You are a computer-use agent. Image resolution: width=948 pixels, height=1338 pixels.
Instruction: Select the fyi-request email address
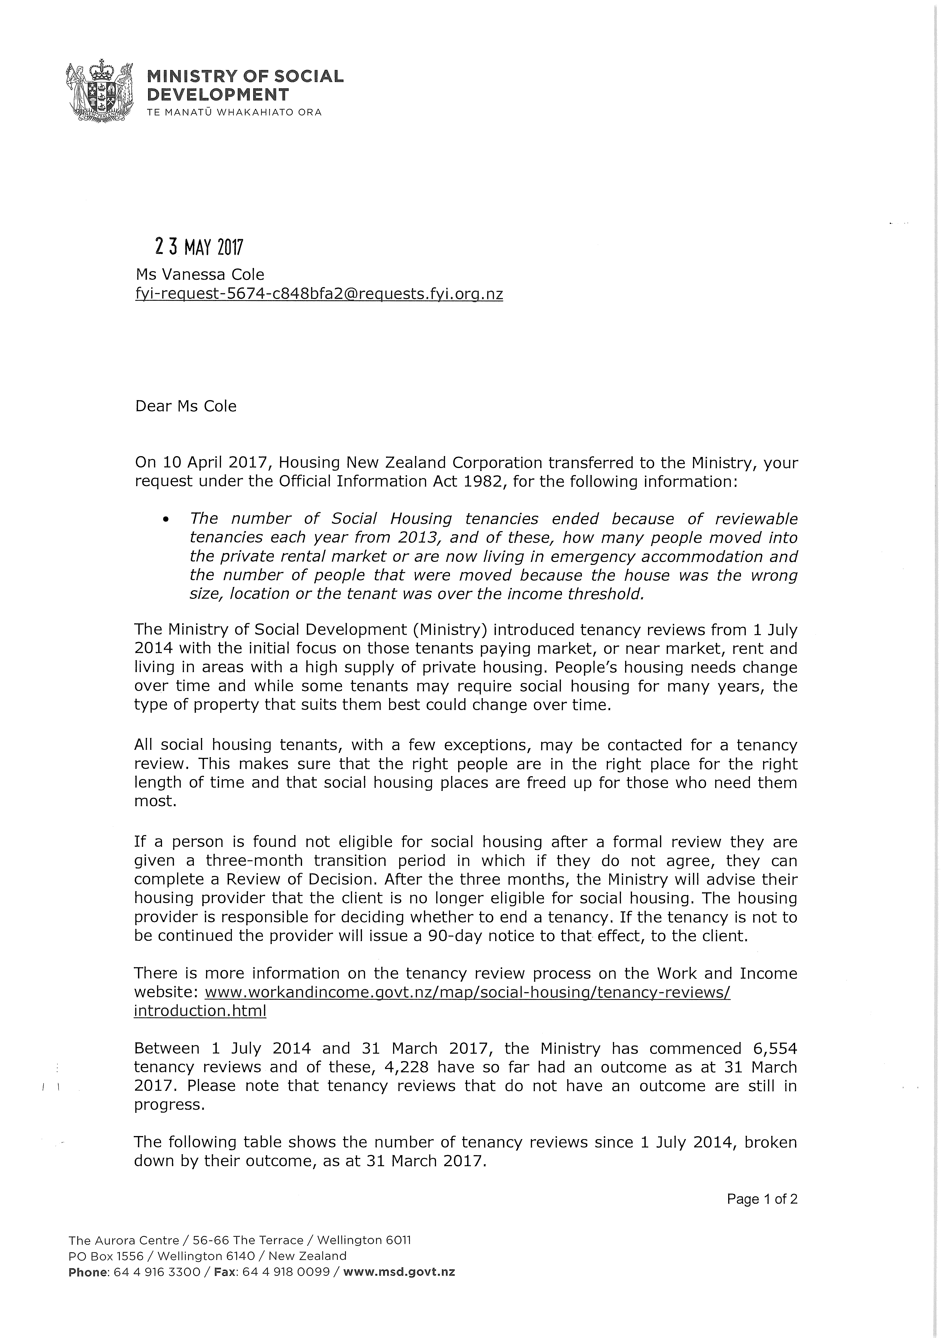319,294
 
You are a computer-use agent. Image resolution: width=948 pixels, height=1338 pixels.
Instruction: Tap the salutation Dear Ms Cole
186,407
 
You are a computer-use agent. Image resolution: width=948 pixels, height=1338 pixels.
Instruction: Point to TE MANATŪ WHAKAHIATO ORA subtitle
234,113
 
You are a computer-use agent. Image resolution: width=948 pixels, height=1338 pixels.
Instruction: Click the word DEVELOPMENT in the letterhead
218,94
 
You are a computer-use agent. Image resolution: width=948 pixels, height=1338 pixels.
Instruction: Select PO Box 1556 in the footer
105,1256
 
